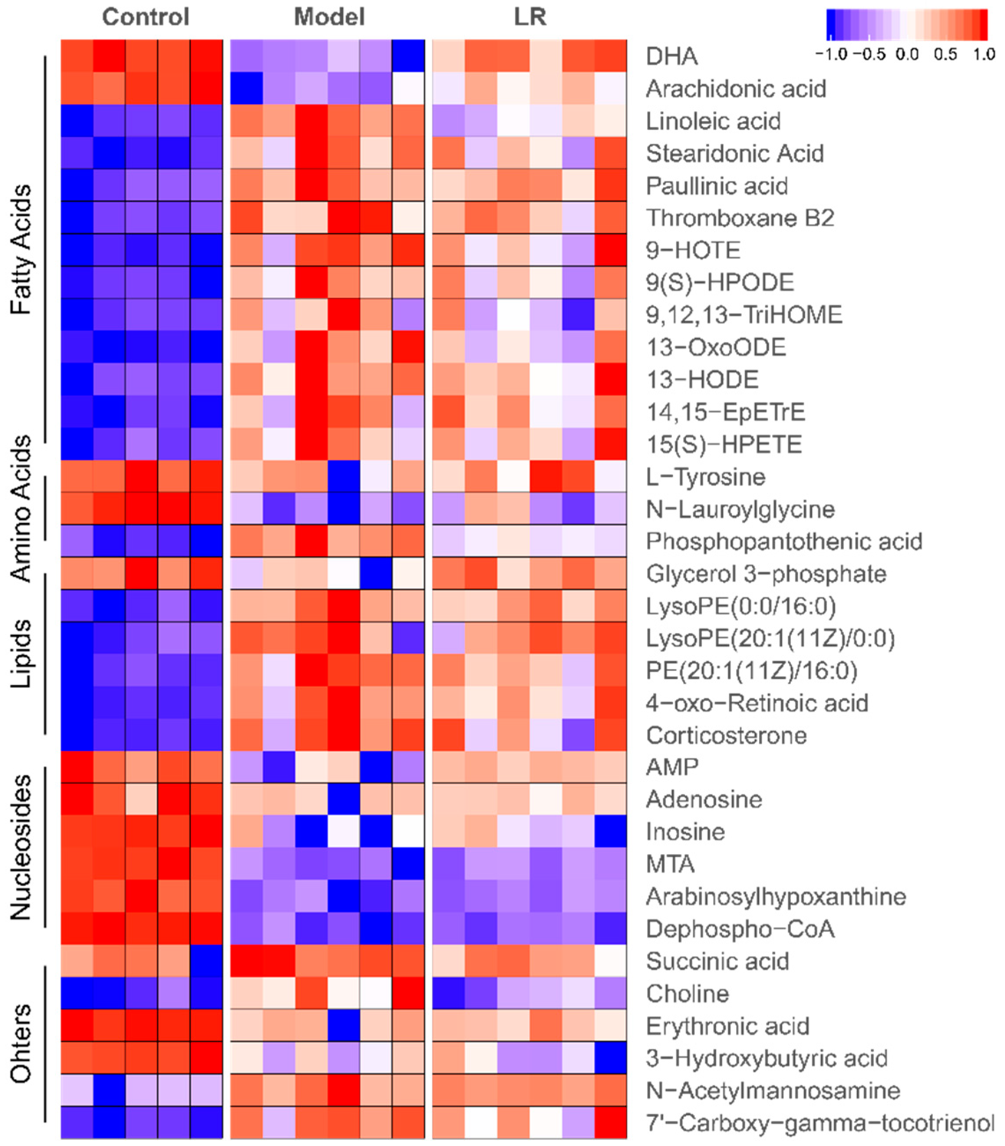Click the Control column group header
145,17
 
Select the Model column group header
329,17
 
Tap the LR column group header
530,17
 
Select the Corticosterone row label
726,735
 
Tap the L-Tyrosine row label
705,477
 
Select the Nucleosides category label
21,848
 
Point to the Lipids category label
21,654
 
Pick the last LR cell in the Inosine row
611,831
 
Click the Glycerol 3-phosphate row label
765,574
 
